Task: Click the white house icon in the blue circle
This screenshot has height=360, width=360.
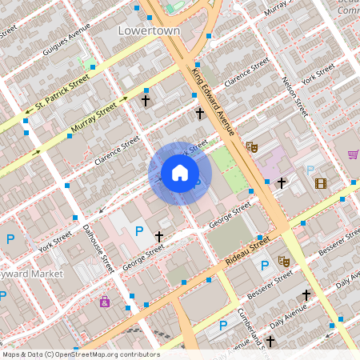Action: click(180, 173)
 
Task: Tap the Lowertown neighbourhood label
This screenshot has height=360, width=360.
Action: click(149, 30)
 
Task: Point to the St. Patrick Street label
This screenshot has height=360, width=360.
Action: click(57, 94)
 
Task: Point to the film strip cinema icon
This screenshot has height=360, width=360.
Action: click(321, 183)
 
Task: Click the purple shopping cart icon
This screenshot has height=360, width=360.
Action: click(353, 154)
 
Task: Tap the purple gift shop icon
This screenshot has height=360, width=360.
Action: click(105, 302)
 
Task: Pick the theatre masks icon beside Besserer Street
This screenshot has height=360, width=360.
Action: click(283, 261)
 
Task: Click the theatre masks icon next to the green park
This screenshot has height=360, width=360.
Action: click(251, 146)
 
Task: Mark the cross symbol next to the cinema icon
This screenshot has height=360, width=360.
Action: click(281, 183)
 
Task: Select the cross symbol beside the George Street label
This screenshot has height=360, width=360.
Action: click(159, 237)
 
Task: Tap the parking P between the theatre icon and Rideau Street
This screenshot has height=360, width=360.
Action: click(264, 266)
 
